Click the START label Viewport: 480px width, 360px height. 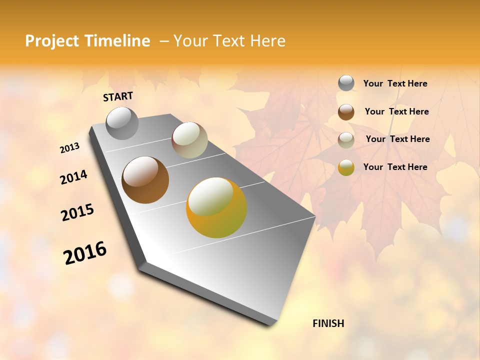tap(118, 96)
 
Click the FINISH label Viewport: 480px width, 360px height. tap(328, 323)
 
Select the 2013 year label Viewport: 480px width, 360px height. tap(70, 147)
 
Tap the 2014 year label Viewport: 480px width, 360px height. tap(74, 177)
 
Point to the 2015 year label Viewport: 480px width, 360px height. tap(77, 212)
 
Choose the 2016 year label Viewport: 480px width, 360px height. tap(85, 253)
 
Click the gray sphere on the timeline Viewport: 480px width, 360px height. tap(122, 123)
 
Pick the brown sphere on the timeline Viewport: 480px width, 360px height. tap(145, 180)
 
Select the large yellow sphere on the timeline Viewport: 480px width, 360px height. tap(216, 207)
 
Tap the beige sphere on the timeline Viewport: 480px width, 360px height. tap(189, 140)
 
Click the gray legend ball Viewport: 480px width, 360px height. tap(346, 83)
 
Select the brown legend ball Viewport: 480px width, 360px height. tap(346, 112)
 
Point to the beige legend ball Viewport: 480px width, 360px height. tap(346, 140)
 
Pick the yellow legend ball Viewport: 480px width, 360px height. tap(346, 167)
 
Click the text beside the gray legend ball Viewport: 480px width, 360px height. tap(395, 83)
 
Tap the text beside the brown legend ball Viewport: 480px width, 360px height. tap(396, 111)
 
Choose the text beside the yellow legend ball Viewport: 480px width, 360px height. tap(395, 167)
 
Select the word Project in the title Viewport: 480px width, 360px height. tap(52, 41)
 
